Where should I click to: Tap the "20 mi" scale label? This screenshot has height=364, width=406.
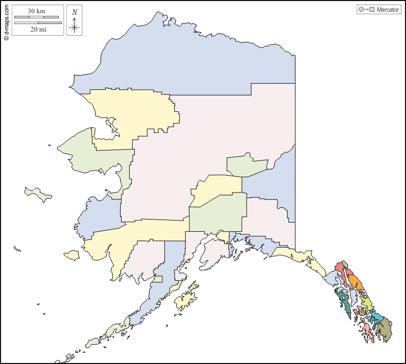coord(38,29)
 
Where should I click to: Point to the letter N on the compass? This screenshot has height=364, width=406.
coord(75,12)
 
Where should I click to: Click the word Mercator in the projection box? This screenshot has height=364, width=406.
coord(388,10)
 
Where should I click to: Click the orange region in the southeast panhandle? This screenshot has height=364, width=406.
coord(356,284)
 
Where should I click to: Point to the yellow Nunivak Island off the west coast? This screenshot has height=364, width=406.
coord(71,255)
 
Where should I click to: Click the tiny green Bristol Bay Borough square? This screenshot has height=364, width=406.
coord(158,279)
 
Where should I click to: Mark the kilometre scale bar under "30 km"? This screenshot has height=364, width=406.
coord(36,17)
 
